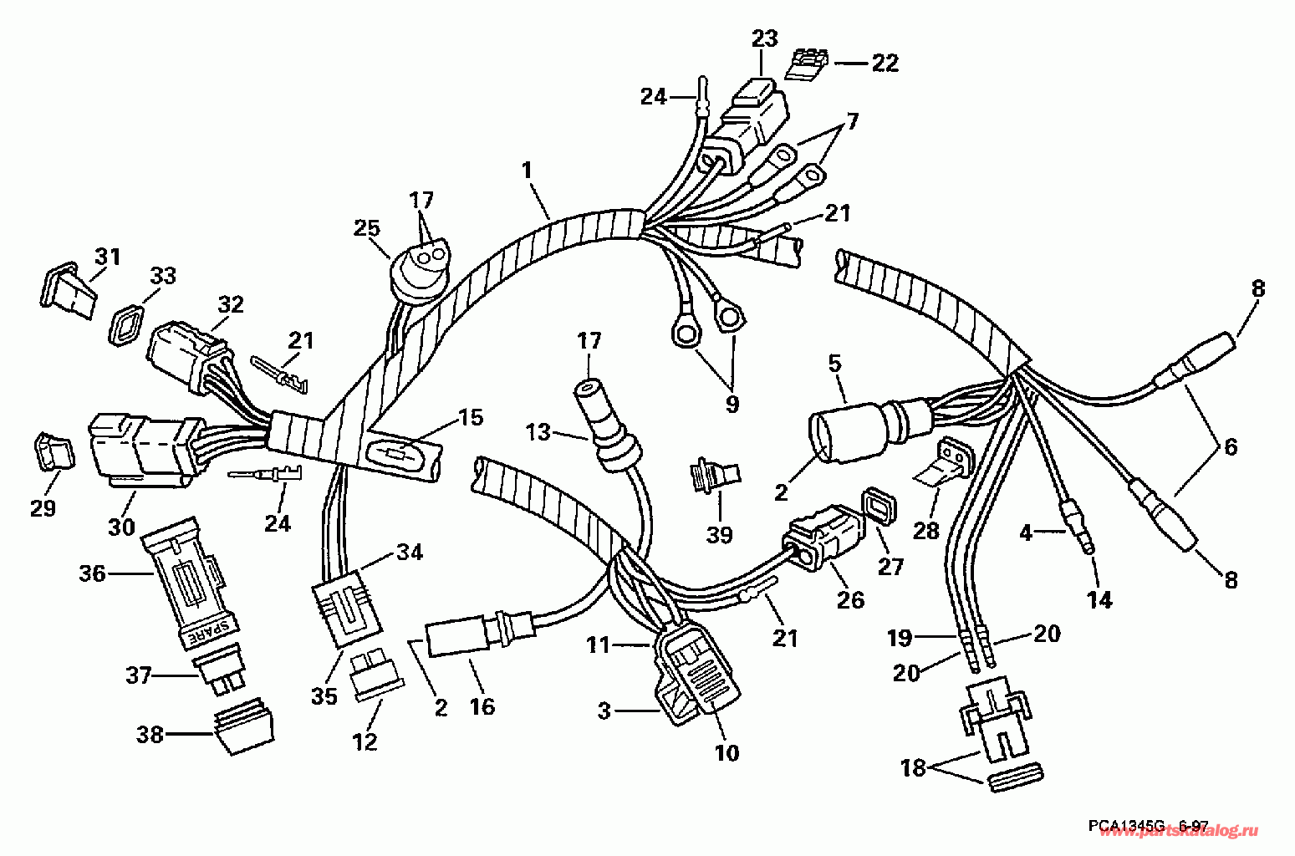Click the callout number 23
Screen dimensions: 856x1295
point(764,38)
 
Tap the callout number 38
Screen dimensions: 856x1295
point(150,735)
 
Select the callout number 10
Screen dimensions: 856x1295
point(727,752)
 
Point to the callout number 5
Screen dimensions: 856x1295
point(834,364)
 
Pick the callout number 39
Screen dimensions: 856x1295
point(719,534)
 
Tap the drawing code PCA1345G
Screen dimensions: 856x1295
point(1125,826)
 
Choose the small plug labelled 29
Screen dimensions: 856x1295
point(54,452)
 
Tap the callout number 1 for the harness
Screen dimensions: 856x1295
point(526,170)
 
